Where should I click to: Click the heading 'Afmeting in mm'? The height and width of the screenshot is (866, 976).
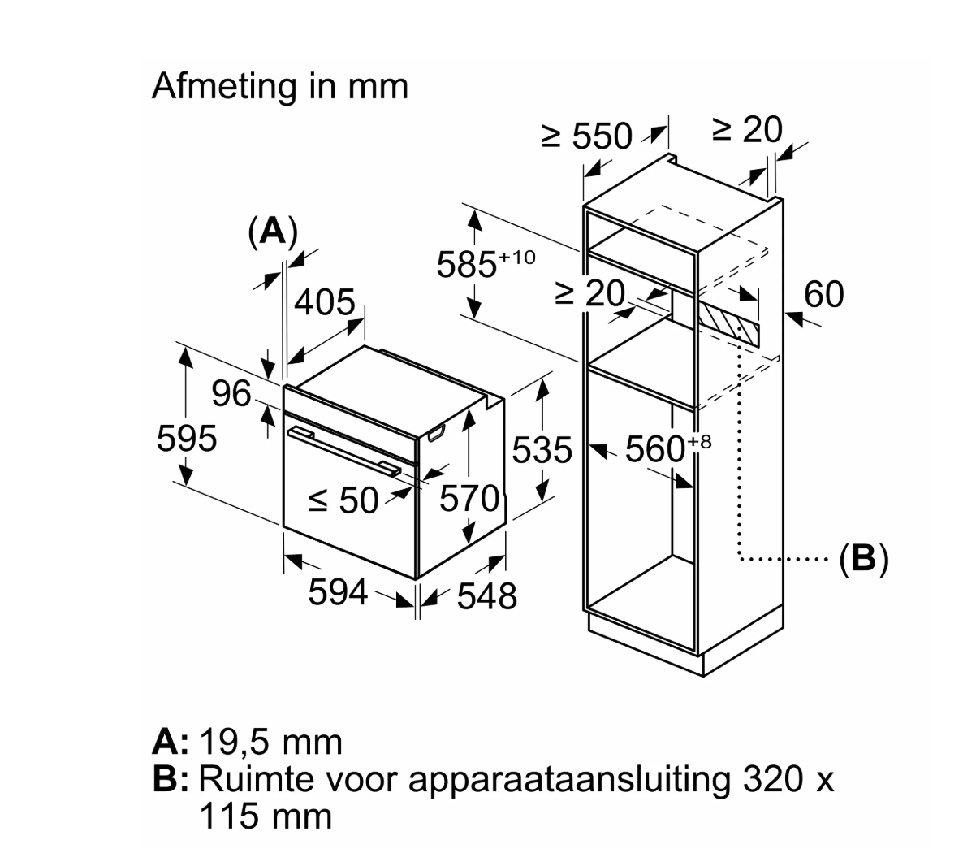click(x=279, y=86)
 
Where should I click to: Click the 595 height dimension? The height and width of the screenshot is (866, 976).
click(x=186, y=439)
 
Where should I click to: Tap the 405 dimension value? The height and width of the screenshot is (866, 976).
click(x=324, y=303)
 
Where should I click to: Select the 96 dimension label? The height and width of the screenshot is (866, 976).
click(x=231, y=395)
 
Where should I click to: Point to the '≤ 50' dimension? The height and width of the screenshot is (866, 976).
click(x=344, y=501)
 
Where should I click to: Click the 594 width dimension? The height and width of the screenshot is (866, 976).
click(x=338, y=592)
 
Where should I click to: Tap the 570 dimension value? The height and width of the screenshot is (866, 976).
click(x=469, y=498)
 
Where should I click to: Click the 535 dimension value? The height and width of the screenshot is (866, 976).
click(x=542, y=450)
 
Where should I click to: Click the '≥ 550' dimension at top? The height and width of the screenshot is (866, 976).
click(x=586, y=136)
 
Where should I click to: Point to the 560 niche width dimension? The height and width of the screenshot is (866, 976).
click(x=658, y=448)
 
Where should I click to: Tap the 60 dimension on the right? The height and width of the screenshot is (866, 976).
click(x=823, y=295)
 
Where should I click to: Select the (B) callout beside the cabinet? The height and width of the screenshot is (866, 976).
click(x=864, y=558)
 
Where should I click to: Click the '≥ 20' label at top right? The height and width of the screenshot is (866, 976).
click(x=747, y=130)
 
